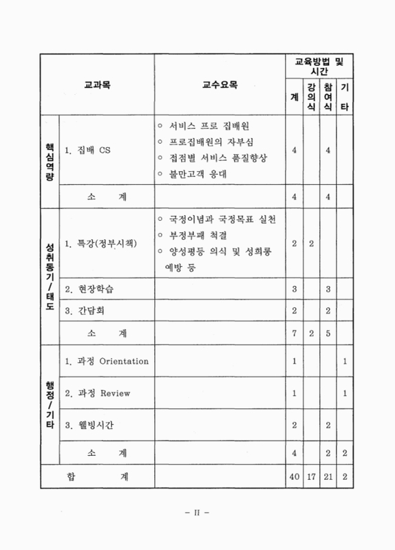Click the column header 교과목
pos(98,86)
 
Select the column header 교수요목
pos(220,86)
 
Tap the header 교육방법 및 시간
pos(319,66)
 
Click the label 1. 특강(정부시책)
pos(100,244)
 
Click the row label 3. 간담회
pos(85,311)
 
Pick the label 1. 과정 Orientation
pos(106,361)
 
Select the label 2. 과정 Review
pos(97,394)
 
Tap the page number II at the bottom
pos(197,512)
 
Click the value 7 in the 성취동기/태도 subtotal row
pos(294,333)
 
